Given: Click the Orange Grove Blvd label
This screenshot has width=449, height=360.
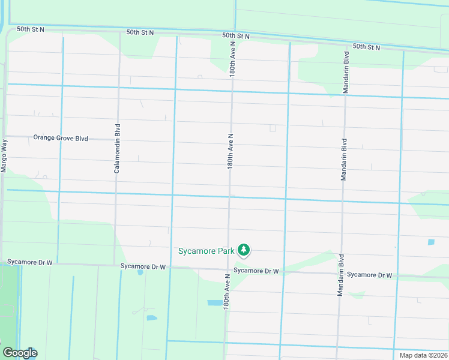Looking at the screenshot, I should (x=61, y=138).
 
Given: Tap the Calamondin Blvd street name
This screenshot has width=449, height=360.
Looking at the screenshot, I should (x=118, y=149).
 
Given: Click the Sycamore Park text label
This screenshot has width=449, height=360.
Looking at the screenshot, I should (x=206, y=250).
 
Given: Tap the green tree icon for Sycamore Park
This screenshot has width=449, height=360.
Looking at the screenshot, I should (x=243, y=250).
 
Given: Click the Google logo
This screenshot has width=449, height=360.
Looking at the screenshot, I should (x=19, y=353).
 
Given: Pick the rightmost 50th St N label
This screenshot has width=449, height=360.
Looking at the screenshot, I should (x=367, y=46).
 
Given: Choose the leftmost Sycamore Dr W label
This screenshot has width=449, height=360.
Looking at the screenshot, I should (x=30, y=262).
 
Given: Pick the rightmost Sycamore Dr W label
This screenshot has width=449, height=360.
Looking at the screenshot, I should (x=370, y=275).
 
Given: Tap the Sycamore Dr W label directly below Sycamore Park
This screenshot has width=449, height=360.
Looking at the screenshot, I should (x=256, y=271).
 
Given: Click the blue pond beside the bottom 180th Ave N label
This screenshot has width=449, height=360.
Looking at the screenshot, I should (x=214, y=303).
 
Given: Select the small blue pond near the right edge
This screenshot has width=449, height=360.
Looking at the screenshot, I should (x=431, y=242).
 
